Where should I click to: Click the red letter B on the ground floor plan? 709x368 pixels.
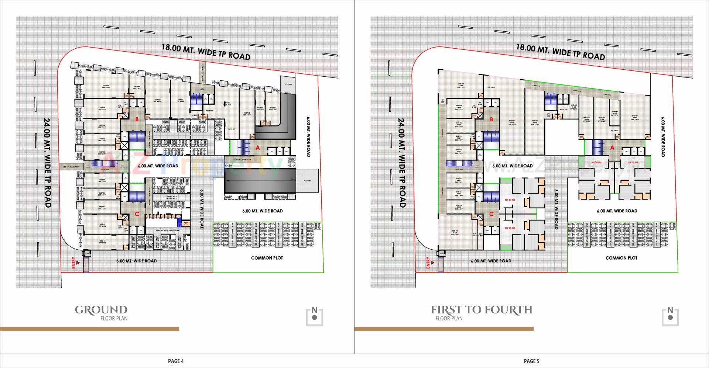pos(137,119)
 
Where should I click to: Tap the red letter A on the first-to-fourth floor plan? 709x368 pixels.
pos(612,148)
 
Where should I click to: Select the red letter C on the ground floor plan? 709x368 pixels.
pos(137,214)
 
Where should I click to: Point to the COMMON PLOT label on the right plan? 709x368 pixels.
pos(621,258)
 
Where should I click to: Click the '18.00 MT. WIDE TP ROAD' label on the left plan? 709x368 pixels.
pos(206,51)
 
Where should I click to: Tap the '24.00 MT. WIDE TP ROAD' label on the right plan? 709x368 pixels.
pos(402,163)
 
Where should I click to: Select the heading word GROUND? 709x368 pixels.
pos(101,310)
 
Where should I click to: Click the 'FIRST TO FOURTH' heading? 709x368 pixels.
pos(482,310)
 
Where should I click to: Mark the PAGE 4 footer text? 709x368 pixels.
pos(176,361)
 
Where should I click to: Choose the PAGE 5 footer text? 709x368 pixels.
pos(531,361)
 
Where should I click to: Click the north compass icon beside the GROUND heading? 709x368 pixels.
pos(314,316)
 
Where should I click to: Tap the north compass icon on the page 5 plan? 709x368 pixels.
pos(670,316)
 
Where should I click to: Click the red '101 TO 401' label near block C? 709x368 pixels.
pos(510,200)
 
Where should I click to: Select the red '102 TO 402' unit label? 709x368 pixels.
pos(510,228)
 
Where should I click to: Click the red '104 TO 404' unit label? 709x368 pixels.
pos(596,163)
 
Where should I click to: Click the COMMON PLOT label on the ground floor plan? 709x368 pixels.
pos(267,258)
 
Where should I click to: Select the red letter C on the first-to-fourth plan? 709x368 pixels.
pos(491,214)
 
